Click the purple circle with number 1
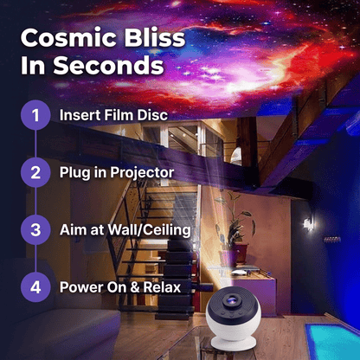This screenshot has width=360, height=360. click(35, 115)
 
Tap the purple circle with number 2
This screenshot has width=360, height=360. click(35, 172)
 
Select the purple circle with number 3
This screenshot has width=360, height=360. click(35, 230)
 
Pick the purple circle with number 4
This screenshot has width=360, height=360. click(35, 287)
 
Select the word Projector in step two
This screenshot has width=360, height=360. click(142, 173)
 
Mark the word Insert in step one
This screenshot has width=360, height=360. click(78, 115)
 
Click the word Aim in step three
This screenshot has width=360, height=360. click(73, 230)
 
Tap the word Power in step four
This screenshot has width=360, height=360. click(79, 287)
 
